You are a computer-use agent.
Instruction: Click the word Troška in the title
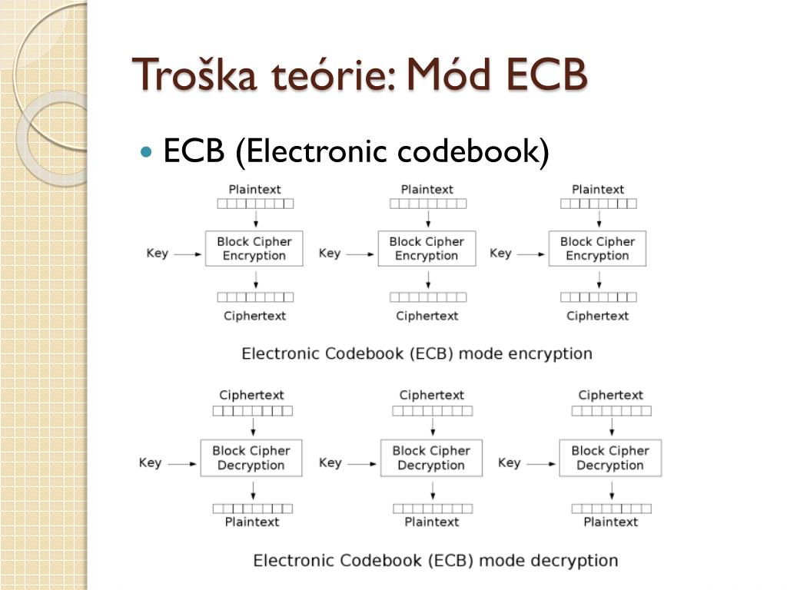coord(194,75)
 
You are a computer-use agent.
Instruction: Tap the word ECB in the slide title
coord(547,75)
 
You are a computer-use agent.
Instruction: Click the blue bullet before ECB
coord(146,151)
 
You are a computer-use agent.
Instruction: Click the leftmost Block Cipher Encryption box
coord(254,248)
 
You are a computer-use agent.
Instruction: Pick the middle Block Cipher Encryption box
coord(427,248)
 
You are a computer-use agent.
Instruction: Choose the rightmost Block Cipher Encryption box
coord(597,248)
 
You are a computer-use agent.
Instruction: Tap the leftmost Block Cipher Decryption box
coord(251,458)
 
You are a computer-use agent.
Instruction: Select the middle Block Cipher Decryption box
coord(431,458)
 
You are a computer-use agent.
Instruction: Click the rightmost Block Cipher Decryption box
coord(610,458)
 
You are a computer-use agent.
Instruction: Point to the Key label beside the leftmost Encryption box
coord(157,254)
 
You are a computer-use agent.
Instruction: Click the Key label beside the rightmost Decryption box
coord(509,462)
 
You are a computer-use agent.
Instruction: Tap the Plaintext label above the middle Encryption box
coord(427,190)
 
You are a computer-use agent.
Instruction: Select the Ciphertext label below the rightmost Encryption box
coord(597,316)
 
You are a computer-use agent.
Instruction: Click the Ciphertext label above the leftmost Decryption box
coord(251,396)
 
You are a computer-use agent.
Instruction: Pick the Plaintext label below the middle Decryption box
coord(432,522)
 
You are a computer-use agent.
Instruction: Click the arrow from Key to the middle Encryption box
coord(360,254)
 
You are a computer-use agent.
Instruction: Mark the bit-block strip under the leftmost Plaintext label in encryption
coord(255,204)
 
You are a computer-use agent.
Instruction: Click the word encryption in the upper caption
coord(550,353)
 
